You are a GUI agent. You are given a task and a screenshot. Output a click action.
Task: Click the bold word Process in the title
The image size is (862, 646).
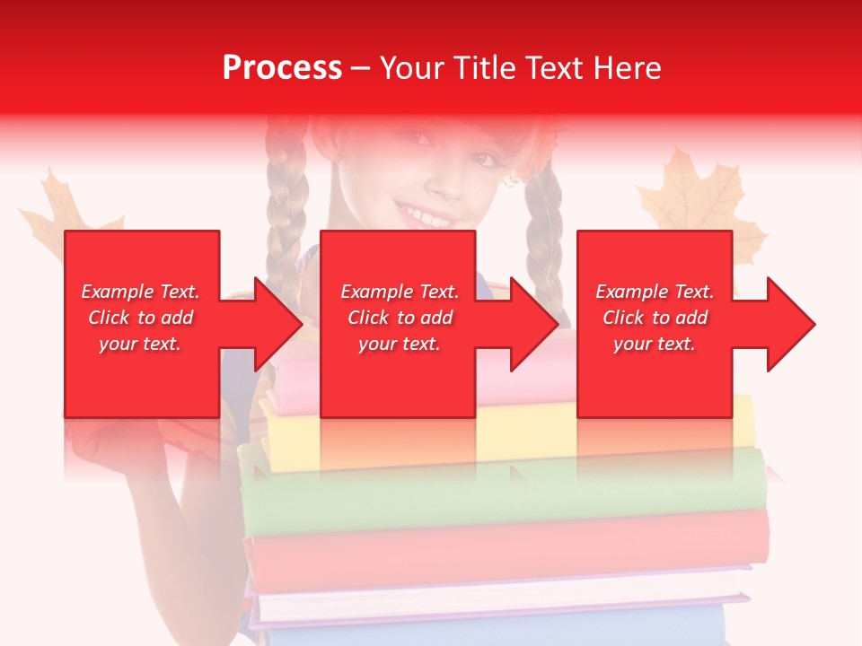click(282, 68)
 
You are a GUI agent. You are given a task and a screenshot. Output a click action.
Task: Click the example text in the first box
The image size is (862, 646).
click(141, 318)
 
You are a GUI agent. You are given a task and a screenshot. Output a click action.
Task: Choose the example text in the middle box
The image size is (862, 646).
click(400, 318)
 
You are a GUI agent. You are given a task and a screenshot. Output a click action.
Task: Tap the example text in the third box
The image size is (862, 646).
click(655, 318)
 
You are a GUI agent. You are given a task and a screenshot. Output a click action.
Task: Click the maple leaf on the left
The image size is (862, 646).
click(59, 211)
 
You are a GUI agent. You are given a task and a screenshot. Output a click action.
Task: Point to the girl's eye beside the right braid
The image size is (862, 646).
click(485, 159)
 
